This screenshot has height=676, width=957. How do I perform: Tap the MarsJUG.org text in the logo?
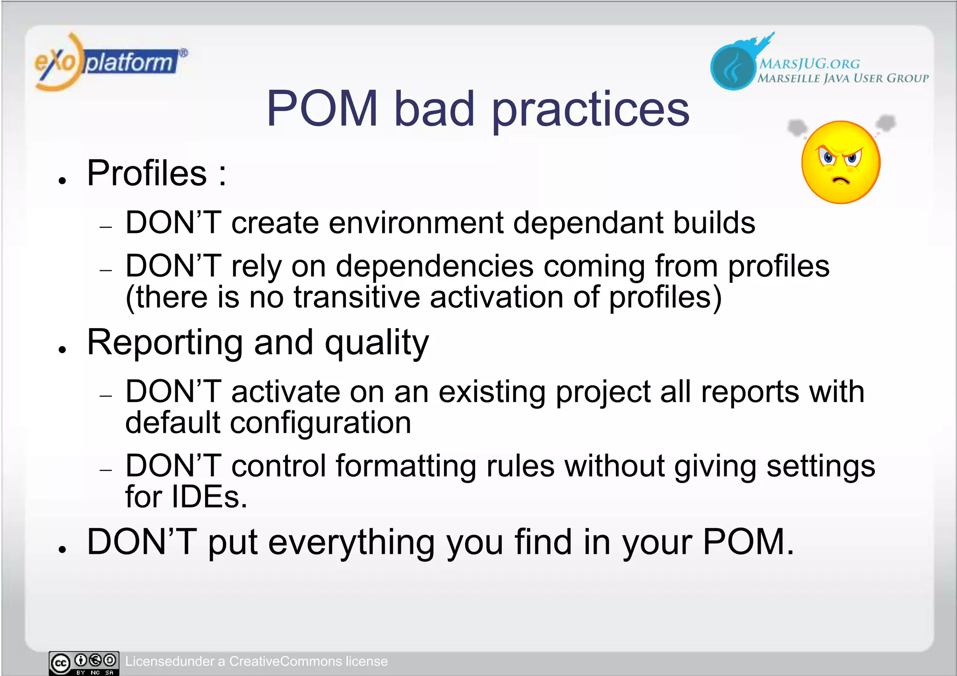(x=809, y=63)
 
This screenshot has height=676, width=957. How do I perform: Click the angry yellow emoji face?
(x=841, y=163)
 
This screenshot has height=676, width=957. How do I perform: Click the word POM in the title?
(x=322, y=109)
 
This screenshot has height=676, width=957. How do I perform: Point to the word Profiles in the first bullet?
(x=147, y=173)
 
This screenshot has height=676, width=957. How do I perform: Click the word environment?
(x=415, y=223)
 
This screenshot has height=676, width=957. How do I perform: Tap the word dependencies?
(x=435, y=267)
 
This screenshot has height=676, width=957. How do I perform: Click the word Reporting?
(x=164, y=343)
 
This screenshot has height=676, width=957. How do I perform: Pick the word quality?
(x=377, y=343)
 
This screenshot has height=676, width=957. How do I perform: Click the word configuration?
(x=321, y=423)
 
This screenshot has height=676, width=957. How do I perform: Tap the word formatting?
(x=406, y=466)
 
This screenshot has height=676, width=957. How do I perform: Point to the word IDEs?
(x=208, y=497)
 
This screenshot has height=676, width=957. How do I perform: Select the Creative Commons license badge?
(x=84, y=663)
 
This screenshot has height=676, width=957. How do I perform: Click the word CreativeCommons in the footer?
(x=285, y=662)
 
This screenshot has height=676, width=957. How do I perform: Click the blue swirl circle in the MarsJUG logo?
(x=733, y=68)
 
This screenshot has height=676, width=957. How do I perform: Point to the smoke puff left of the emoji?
(x=797, y=127)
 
